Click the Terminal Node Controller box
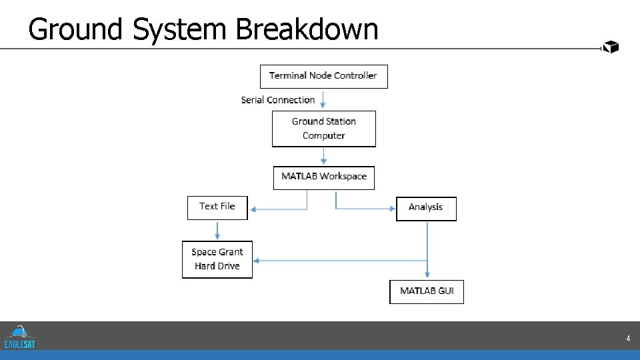(323, 76)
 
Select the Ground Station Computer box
(323, 129)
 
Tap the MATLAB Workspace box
(324, 177)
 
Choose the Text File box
(217, 207)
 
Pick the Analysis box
(426, 208)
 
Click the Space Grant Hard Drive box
(217, 259)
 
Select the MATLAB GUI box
(427, 291)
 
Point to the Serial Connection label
(278, 100)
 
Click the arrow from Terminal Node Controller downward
(323, 99)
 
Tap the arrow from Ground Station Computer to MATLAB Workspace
(323, 156)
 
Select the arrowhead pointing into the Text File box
(252, 209)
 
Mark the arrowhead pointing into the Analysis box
(392, 209)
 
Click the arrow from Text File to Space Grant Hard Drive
(217, 230)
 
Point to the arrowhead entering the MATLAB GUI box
(427, 276)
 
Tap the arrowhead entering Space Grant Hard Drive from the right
(257, 261)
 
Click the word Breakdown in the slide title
(307, 29)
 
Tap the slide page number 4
(628, 339)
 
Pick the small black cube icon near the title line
(611, 47)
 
